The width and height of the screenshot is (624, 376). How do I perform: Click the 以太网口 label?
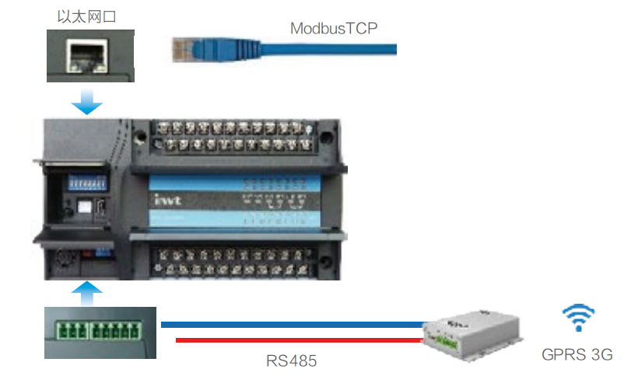tap(87, 16)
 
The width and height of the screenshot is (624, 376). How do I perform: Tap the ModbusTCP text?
tap(335, 29)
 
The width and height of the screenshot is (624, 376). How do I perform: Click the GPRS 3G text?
tap(577, 355)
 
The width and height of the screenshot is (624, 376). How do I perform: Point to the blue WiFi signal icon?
tap(578, 319)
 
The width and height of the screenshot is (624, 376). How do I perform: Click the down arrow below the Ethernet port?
tap(87, 101)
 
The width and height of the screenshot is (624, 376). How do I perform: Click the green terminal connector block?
tap(97, 331)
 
